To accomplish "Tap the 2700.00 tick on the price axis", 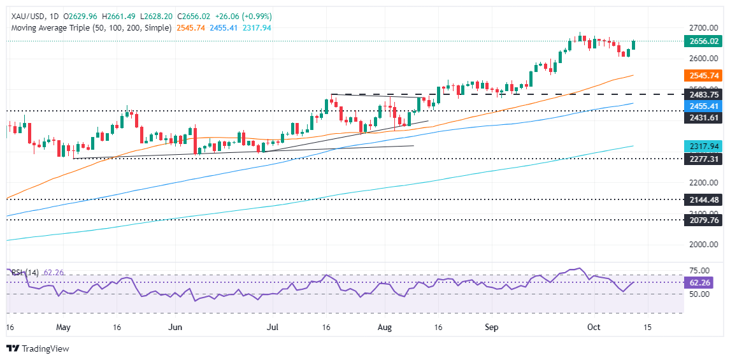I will [x=703, y=28].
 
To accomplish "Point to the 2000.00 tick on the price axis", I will [x=703, y=245].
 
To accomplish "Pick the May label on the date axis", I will [x=63, y=328].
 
